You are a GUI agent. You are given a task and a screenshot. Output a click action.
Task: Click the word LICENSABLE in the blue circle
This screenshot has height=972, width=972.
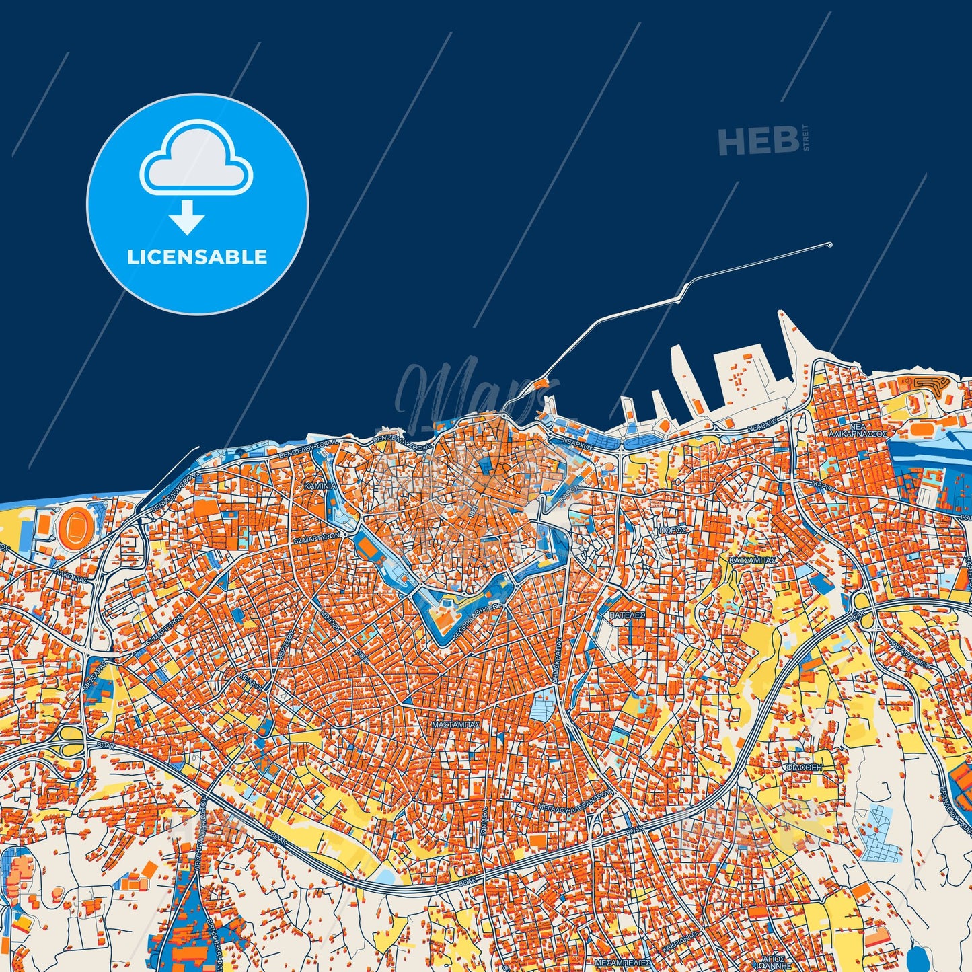197,257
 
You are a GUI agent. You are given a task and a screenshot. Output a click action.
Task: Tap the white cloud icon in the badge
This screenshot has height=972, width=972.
196,159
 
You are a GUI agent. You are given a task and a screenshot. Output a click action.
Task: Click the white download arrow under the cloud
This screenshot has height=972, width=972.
186,217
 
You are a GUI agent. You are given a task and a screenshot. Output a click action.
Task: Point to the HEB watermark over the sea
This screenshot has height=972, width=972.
759,141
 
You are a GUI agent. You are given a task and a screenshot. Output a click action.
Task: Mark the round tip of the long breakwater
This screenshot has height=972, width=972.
829,245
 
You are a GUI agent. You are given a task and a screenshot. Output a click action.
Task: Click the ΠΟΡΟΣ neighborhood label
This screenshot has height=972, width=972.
673,530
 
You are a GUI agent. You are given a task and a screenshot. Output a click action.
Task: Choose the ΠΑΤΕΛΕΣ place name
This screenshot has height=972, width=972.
627,615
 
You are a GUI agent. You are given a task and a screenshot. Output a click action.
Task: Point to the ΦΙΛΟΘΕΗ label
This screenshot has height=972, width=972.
803,767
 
